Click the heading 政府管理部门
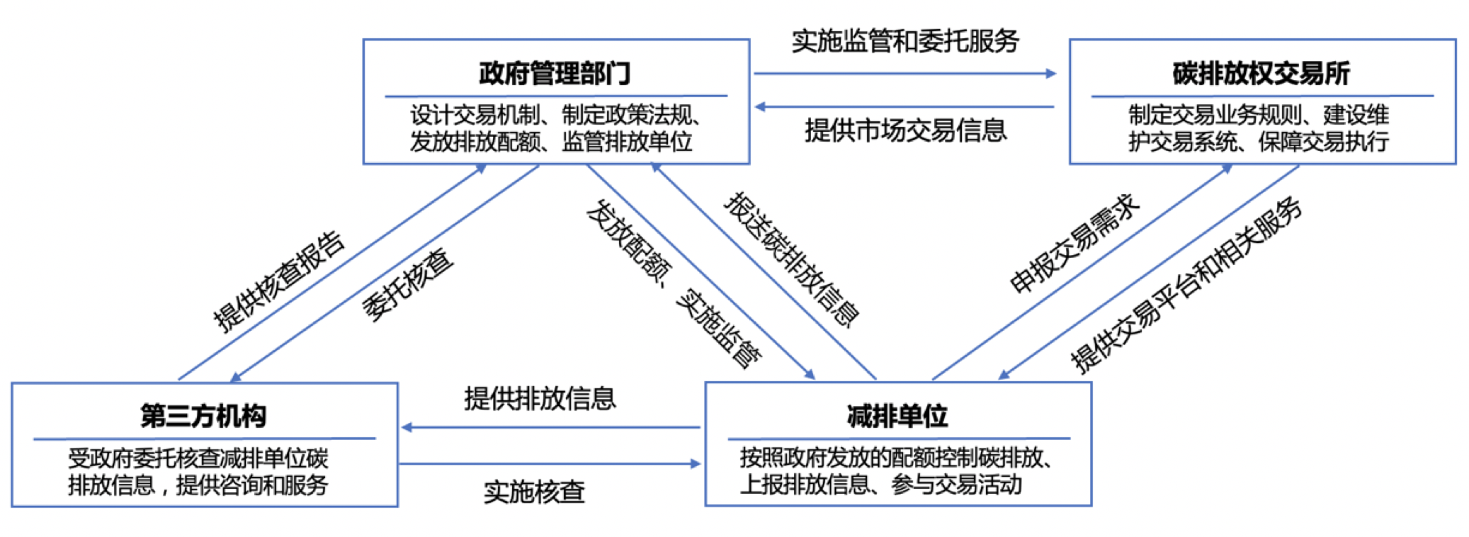(555, 73)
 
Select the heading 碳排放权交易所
(1261, 73)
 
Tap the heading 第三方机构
(203, 416)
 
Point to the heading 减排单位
(897, 416)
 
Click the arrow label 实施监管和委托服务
(905, 41)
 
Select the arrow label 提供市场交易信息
(905, 130)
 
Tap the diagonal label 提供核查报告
(279, 281)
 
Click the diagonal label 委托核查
(407, 285)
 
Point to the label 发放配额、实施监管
(674, 283)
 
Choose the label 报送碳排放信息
(791, 259)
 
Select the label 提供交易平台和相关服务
(1186, 285)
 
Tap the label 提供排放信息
(540, 399)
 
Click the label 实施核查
(534, 492)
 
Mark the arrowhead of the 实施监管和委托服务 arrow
(1051, 73)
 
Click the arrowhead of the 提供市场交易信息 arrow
(760, 107)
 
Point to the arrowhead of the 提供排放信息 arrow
(407, 427)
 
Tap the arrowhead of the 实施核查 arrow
(696, 464)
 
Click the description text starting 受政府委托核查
(198, 472)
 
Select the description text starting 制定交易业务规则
(1259, 128)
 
